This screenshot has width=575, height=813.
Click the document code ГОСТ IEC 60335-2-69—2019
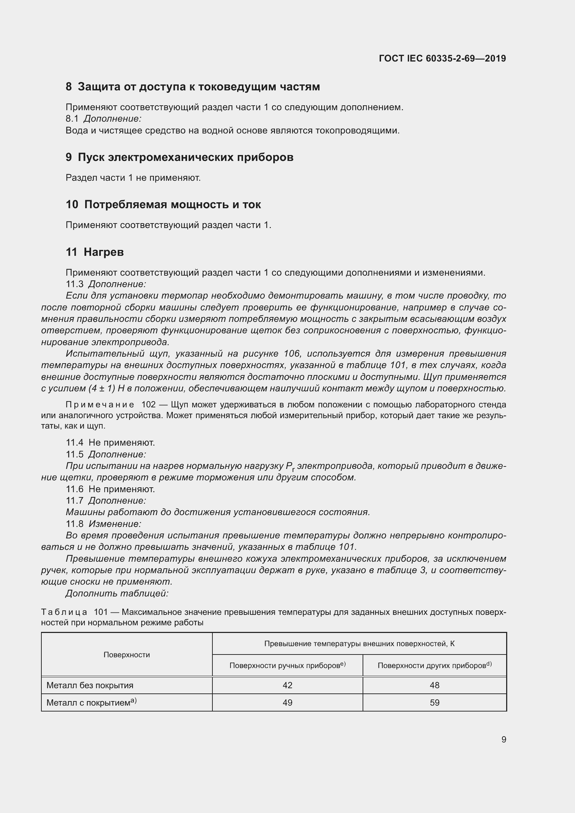(x=442, y=58)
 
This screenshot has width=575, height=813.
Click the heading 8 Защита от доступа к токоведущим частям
(x=193, y=87)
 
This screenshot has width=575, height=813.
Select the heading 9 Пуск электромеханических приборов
(x=179, y=157)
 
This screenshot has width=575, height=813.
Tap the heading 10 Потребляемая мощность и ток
(x=163, y=205)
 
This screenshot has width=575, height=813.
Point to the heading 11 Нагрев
(x=95, y=252)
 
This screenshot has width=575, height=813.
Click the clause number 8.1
(x=72, y=119)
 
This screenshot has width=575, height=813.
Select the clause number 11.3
(x=74, y=284)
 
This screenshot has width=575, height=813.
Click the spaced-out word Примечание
(x=100, y=404)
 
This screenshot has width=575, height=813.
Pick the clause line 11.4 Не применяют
(x=110, y=442)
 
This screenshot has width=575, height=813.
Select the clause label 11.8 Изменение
(x=103, y=524)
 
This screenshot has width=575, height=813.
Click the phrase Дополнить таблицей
(x=117, y=593)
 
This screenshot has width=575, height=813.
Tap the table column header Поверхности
(x=127, y=655)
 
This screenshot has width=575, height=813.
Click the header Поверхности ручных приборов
(x=287, y=665)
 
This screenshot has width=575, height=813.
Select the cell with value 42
(x=287, y=685)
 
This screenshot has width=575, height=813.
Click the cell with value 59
(x=435, y=702)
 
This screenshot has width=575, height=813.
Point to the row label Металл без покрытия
(x=90, y=685)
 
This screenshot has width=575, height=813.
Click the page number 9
(x=503, y=739)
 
